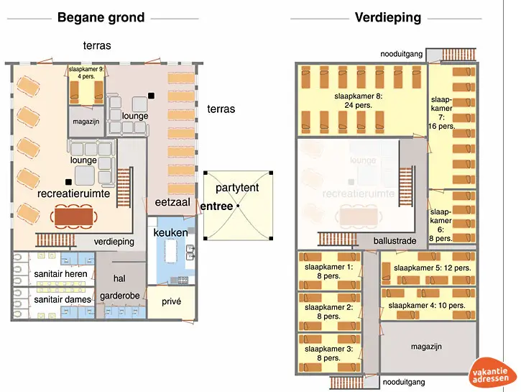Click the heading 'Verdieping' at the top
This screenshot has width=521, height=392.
(387, 18)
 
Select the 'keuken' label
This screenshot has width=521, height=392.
(170, 232)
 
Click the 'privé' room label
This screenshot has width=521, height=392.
(171, 303)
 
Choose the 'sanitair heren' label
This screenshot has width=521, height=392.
(60, 274)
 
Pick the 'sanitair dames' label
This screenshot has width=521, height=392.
(62, 299)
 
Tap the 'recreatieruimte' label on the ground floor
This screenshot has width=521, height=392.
(74, 194)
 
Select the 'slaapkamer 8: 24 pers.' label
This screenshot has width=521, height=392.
(358, 100)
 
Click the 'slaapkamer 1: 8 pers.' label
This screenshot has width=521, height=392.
(329, 271)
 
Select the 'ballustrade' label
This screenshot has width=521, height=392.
(395, 241)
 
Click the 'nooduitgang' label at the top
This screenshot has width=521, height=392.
(402, 55)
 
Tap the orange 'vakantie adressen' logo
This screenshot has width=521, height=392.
(493, 373)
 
